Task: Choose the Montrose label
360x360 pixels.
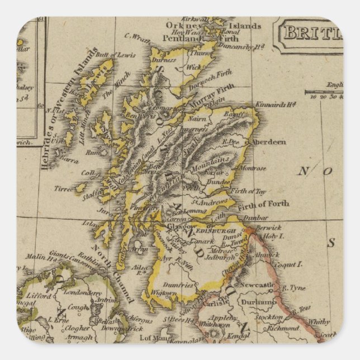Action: tap(251, 168)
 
